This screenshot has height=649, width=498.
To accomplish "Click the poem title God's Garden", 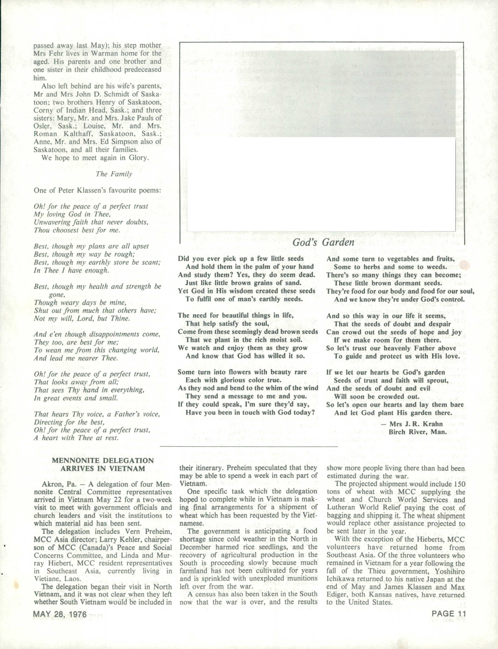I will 323,243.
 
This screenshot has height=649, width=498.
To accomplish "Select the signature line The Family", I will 114,174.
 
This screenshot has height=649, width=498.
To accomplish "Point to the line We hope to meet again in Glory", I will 95,158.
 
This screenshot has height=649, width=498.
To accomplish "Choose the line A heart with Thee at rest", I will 76,438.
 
